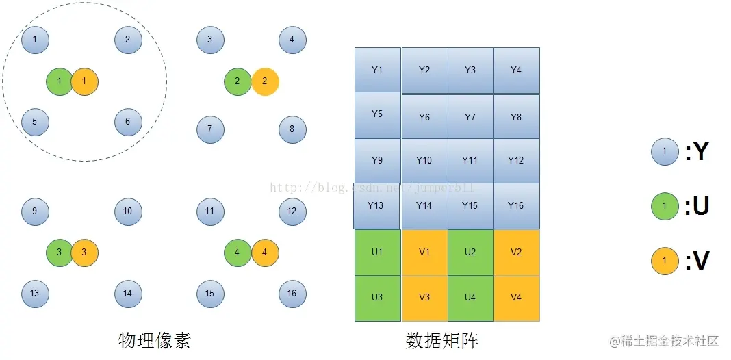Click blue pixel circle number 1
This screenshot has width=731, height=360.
point(35,40)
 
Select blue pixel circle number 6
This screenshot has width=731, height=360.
point(128,123)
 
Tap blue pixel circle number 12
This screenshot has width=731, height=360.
point(292,211)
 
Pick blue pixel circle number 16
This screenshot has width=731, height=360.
point(292,294)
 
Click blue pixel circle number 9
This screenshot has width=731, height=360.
point(35,211)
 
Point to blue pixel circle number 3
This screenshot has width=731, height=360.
point(210,40)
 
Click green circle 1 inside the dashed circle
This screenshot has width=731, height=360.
point(60,81)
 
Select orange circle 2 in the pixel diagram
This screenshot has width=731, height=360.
point(265,81)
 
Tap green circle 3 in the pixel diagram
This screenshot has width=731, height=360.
point(60,253)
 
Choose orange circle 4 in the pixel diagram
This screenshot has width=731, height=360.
point(265,253)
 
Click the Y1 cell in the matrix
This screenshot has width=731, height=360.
point(377,70)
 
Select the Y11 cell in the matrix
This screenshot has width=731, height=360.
point(470,161)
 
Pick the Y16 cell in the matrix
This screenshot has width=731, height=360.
point(516,205)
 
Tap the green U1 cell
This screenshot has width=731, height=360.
point(377,252)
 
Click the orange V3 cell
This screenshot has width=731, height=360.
point(424,298)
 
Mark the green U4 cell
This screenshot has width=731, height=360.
point(470,298)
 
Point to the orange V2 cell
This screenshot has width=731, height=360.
point(516,252)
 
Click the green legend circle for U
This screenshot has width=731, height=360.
point(665,206)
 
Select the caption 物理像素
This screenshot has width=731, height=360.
point(155,340)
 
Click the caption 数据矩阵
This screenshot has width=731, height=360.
point(442,340)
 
